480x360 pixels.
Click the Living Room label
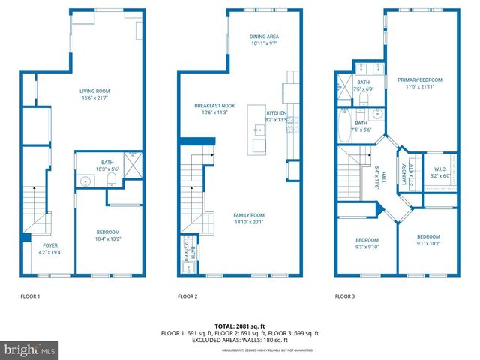pyautogui.click(x=100, y=95)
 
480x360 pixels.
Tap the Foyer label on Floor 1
pyautogui.click(x=49, y=248)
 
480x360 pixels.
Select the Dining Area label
pyautogui.click(x=264, y=40)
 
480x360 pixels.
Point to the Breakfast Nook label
pyautogui.click(x=214, y=109)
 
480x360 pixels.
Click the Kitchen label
pyautogui.click(x=277, y=116)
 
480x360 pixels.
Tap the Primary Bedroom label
pyautogui.click(x=419, y=83)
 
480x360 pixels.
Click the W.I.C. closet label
pyautogui.click(x=439, y=172)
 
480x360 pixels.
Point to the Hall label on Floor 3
pyautogui.click(x=382, y=176)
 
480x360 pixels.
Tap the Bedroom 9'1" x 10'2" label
pyautogui.click(x=427, y=239)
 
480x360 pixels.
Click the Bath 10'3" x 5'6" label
pyautogui.click(x=108, y=166)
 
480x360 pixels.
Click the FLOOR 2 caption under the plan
pyautogui.click(x=187, y=297)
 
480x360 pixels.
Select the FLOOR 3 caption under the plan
pyautogui.click(x=345, y=297)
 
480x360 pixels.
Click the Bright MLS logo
pyautogui.click(x=30, y=349)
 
